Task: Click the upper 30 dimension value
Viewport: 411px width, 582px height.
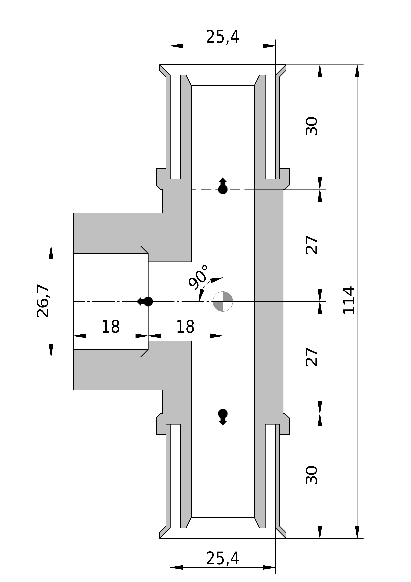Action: click(311, 126)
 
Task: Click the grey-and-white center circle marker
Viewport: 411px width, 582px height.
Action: click(223, 301)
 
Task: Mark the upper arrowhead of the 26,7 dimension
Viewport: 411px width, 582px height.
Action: click(51, 252)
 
